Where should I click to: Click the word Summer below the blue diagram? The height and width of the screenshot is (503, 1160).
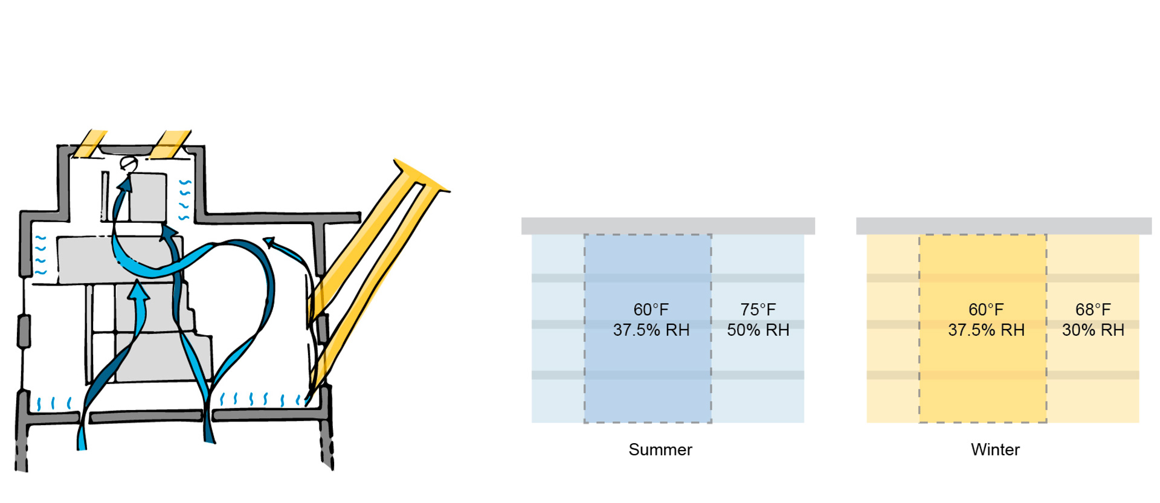point(660,450)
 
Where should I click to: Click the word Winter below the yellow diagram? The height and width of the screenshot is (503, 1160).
point(995,450)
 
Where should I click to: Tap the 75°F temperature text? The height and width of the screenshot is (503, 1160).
point(758,310)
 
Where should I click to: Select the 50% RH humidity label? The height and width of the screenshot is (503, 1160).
point(758,330)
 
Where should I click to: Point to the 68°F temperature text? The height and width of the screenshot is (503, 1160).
point(1093,310)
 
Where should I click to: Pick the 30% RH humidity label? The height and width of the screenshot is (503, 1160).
point(1093,330)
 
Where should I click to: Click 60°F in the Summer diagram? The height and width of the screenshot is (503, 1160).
point(651,310)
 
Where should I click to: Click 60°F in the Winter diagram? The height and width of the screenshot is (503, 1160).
point(986,310)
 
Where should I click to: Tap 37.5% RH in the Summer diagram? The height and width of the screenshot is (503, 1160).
point(651,330)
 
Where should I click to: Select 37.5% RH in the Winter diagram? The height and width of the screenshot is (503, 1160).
point(986,330)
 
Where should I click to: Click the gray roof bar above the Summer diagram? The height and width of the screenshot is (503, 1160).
point(668,226)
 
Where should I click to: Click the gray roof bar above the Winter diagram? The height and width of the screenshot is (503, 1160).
point(1004,226)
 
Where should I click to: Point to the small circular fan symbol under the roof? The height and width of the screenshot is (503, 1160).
point(128,163)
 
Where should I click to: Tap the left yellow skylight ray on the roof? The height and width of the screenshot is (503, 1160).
point(89,144)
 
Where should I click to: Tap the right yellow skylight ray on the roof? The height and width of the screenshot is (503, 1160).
point(170,144)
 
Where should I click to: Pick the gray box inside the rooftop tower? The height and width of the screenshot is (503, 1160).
point(147,197)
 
